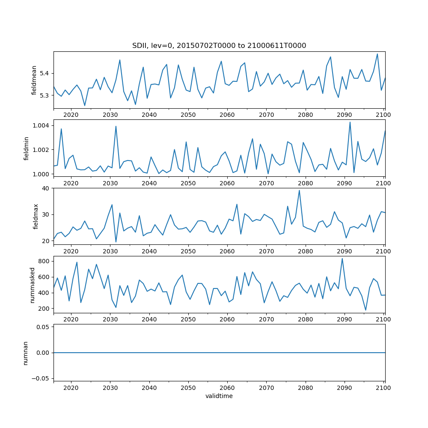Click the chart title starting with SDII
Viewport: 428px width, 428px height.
[219, 46]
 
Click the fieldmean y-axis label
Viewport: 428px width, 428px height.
[34, 80]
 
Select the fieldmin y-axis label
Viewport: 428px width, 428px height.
[27, 148]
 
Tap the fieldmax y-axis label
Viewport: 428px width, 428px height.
[36, 216]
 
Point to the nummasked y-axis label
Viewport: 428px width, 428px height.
[33, 285]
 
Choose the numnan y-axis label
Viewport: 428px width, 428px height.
[26, 353]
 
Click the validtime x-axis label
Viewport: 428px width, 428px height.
[219, 396]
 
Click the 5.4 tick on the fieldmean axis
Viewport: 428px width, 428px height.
[44, 74]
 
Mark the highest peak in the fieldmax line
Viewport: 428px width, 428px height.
[299, 190]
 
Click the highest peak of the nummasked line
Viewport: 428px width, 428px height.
[342, 259]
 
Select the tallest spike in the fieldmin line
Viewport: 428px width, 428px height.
[350, 122]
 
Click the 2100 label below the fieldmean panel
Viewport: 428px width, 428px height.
[383, 115]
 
